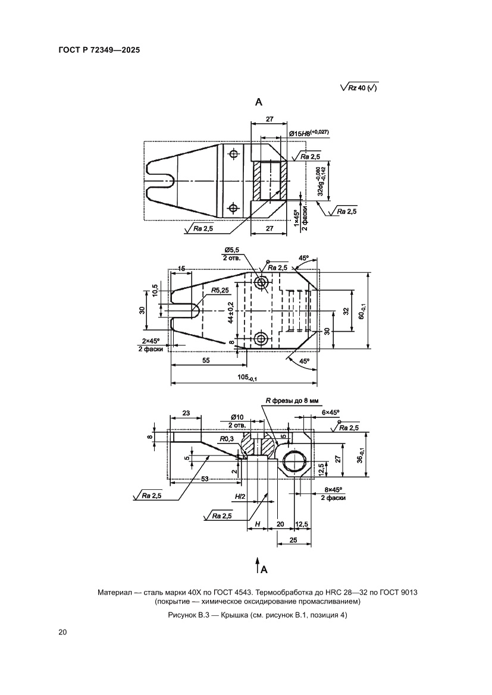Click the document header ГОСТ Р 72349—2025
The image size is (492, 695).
click(99, 51)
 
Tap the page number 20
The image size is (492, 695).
click(62, 632)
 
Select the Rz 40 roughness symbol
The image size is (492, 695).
click(359, 88)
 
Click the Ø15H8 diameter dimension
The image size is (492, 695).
click(309, 133)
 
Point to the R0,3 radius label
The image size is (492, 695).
click(226, 439)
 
